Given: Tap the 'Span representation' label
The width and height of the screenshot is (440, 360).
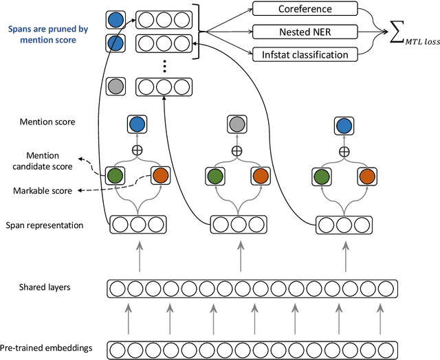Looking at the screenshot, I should (45, 225).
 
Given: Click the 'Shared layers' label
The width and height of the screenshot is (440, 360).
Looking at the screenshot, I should (44, 287).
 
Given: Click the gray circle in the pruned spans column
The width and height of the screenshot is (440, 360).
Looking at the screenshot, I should (116, 87).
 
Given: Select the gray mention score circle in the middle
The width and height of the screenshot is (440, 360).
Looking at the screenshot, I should (237, 124).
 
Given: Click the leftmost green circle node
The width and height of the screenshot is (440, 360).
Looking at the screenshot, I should (115, 177).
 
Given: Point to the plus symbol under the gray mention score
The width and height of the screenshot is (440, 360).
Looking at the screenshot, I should (237, 150).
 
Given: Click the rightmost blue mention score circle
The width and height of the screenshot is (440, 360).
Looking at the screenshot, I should (343, 124).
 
